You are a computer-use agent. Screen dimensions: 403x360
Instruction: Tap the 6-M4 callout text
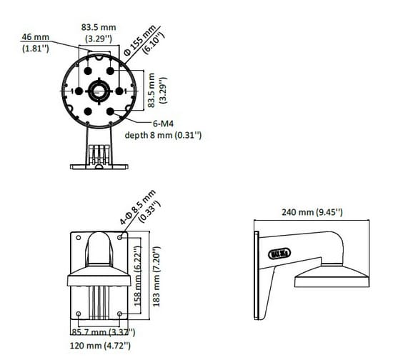[x=163, y=124]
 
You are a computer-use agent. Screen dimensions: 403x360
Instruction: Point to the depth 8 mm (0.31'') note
[x=163, y=135]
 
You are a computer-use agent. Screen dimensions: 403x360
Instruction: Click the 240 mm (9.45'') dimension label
[x=312, y=212]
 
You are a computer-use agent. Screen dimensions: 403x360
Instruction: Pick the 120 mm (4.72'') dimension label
[x=100, y=345]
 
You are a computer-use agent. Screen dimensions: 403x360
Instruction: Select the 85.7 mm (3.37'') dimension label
[x=103, y=332]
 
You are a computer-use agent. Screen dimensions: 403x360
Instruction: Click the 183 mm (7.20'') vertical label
[x=156, y=276]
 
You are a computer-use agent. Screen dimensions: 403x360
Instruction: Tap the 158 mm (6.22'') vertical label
[x=138, y=276]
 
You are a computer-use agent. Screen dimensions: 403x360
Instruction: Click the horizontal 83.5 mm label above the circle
[x=99, y=33]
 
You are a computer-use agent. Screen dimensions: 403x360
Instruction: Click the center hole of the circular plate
[x=99, y=91]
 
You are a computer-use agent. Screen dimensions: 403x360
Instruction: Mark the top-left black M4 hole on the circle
[x=88, y=71]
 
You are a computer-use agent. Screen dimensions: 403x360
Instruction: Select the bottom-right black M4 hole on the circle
[x=110, y=111]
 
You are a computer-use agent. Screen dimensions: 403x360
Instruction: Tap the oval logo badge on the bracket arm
[x=279, y=254]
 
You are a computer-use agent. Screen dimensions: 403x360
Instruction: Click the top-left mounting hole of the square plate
[x=79, y=238]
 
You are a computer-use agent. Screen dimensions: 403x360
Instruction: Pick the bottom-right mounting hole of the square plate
[x=119, y=314]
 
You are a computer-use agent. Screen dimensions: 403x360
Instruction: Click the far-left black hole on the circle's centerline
[x=79, y=91]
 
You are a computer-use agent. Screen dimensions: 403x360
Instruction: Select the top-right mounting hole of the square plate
[x=119, y=238]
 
